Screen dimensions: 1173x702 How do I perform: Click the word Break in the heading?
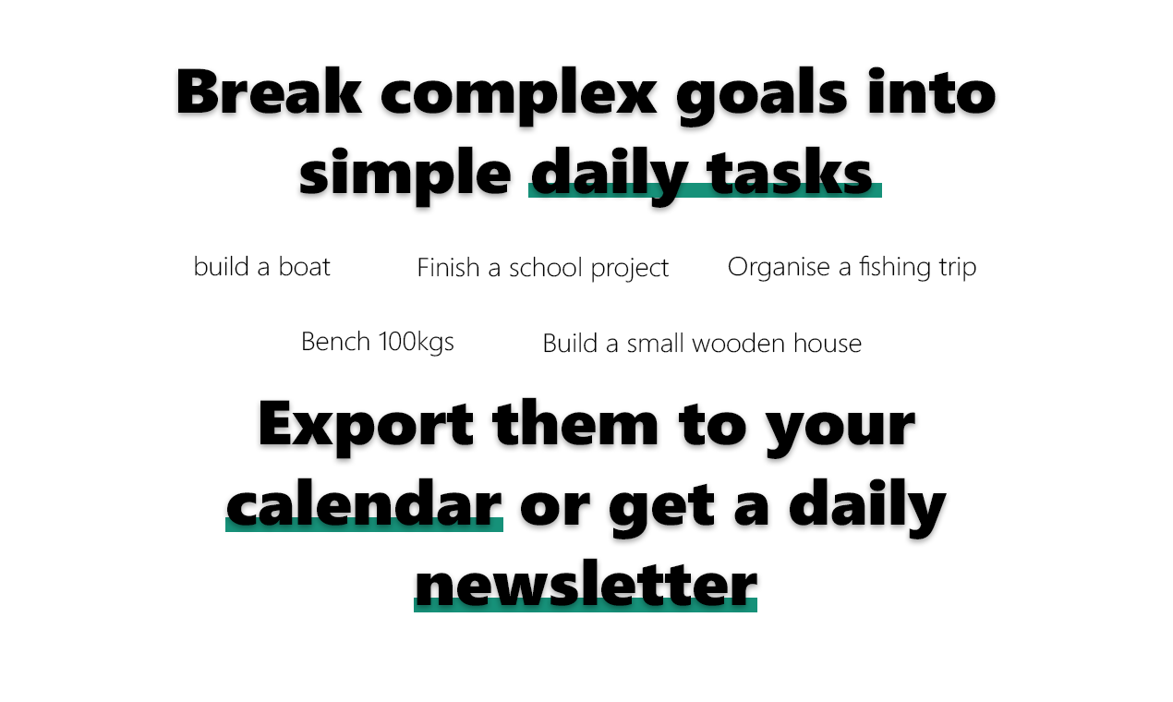[269, 91]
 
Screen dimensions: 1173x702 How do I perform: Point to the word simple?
[405, 175]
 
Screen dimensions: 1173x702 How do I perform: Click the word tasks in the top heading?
[789, 172]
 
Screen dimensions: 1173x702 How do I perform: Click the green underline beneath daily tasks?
[705, 190]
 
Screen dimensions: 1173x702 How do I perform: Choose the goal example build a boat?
[261, 267]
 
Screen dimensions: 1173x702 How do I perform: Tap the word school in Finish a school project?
[546, 268]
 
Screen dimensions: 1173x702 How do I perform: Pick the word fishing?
[894, 268]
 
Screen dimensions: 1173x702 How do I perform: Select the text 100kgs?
[416, 343]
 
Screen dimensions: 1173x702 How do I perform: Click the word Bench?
[335, 342]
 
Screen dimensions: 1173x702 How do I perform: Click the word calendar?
[365, 502]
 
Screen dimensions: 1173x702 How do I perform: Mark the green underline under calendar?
[365, 525]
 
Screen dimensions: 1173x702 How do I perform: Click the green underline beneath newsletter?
[586, 605]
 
